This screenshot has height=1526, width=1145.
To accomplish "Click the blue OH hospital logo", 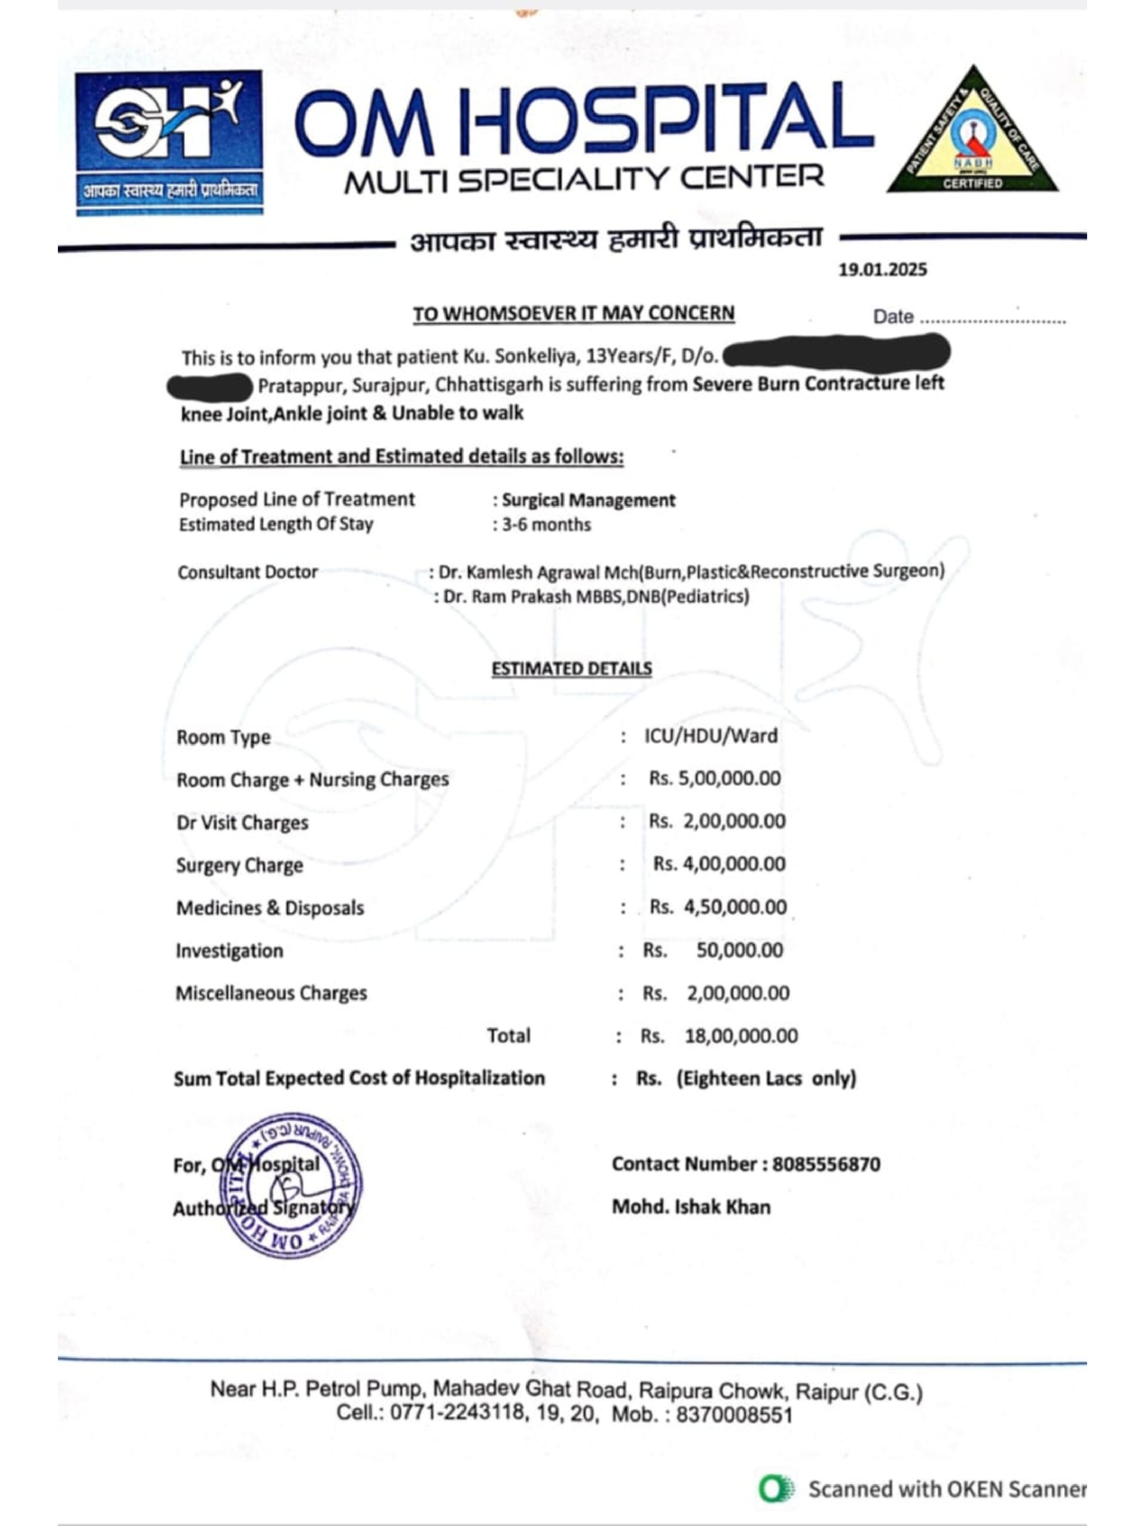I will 169,141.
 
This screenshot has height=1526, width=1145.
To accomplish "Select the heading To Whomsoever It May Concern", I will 573,314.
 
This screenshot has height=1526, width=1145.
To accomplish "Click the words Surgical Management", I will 589,500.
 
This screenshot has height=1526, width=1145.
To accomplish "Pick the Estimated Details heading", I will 572,668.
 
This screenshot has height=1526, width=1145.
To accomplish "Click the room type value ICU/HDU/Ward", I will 711,736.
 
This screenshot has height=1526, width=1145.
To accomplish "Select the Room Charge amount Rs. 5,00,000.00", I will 714,779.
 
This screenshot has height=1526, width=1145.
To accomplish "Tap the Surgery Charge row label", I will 240,865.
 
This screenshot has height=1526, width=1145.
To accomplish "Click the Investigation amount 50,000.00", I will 739,951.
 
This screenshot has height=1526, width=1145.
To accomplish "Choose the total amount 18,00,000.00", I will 740,1036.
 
